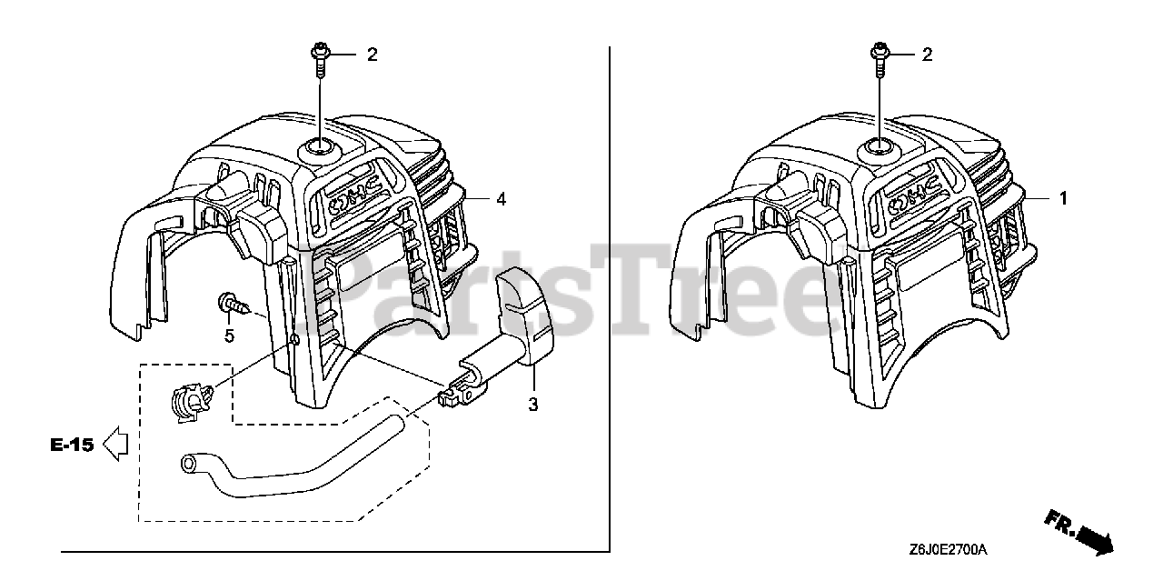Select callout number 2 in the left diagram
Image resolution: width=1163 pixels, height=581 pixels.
pos(371,55)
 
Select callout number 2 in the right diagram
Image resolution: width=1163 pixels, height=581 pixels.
pos(927,55)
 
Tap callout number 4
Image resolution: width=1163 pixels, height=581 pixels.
pos(501,198)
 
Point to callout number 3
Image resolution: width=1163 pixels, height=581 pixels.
pos(533,405)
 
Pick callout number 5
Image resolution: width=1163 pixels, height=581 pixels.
pos(229,336)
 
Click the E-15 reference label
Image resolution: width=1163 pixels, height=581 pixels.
pos(72,446)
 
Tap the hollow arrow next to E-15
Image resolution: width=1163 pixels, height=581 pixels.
pos(115,445)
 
